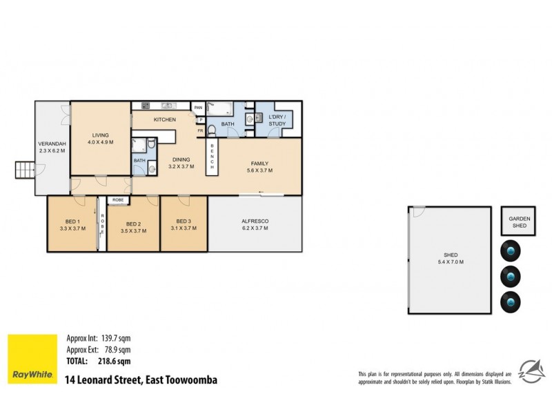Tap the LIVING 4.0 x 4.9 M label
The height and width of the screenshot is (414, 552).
point(101,139)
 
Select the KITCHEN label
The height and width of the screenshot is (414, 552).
point(165,120)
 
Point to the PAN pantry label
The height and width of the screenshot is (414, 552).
point(198,108)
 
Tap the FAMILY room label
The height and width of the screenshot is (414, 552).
point(259,166)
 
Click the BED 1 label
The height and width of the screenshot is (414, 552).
point(72,225)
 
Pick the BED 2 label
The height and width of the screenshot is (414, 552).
point(134,228)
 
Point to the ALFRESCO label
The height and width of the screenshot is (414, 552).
point(255,225)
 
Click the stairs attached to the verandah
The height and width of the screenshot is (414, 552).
point(24,169)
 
